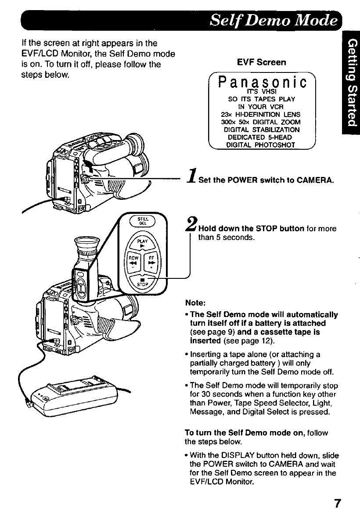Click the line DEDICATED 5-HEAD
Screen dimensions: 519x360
click(x=262, y=136)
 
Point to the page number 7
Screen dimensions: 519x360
click(x=337, y=503)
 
